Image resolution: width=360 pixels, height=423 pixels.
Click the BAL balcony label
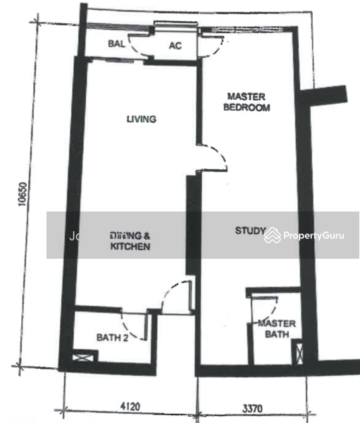116,44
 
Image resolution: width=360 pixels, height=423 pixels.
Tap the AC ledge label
175,46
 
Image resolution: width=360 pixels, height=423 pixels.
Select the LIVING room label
141,119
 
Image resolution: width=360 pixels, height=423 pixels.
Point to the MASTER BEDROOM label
247,102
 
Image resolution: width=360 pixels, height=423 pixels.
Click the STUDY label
250,231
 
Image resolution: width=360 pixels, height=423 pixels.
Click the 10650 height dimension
22,198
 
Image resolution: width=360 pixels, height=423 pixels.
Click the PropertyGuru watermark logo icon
272,235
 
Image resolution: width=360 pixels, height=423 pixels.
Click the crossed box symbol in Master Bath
297,352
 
